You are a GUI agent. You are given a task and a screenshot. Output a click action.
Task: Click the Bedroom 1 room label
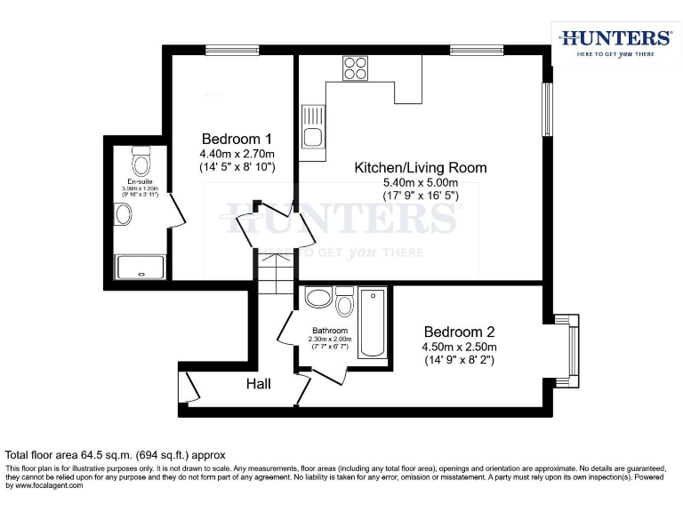pyautogui.click(x=237, y=139)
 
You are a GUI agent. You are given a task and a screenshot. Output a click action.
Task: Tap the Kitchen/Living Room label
pyautogui.click(x=421, y=167)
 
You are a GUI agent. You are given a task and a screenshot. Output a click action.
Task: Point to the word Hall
pyautogui.click(x=259, y=384)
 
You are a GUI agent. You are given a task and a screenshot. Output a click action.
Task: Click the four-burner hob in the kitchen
pyautogui.click(x=356, y=68)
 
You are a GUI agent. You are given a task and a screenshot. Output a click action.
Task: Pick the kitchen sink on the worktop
pyautogui.click(x=313, y=126)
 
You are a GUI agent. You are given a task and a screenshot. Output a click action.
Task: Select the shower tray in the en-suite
pyautogui.click(x=141, y=267)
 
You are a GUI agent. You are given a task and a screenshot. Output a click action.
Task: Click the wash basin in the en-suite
pyautogui.click(x=123, y=213)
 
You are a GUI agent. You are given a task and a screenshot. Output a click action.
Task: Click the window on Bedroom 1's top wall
pyautogui.click(x=232, y=50)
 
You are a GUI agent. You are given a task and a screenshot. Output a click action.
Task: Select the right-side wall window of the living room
pyautogui.click(x=548, y=110)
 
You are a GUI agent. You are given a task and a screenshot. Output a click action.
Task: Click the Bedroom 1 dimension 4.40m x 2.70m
pyautogui.click(x=237, y=153)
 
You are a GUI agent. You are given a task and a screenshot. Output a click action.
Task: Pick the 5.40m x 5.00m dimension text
pyautogui.click(x=421, y=183)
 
